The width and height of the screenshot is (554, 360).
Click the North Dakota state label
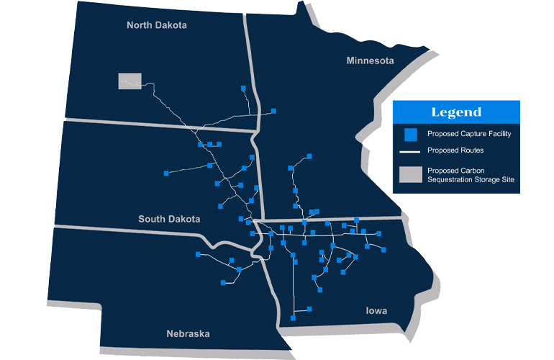156,25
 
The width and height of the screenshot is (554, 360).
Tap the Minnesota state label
370,60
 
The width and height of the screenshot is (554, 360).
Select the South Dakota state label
170,218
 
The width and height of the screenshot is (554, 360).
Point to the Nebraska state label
188,333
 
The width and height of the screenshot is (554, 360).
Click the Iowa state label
376,311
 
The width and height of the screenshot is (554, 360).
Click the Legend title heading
456,112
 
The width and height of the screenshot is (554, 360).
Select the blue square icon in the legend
410,135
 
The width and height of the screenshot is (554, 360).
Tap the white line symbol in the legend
410,152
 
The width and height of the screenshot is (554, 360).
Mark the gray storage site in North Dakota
130,81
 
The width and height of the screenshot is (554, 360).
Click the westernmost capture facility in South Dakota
166,173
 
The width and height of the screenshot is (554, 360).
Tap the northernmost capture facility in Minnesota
309,156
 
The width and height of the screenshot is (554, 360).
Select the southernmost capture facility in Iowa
293,318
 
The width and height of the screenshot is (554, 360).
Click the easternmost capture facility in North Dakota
273,111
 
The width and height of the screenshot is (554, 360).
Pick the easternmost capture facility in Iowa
384,249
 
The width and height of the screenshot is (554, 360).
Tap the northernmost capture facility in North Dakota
243,89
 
